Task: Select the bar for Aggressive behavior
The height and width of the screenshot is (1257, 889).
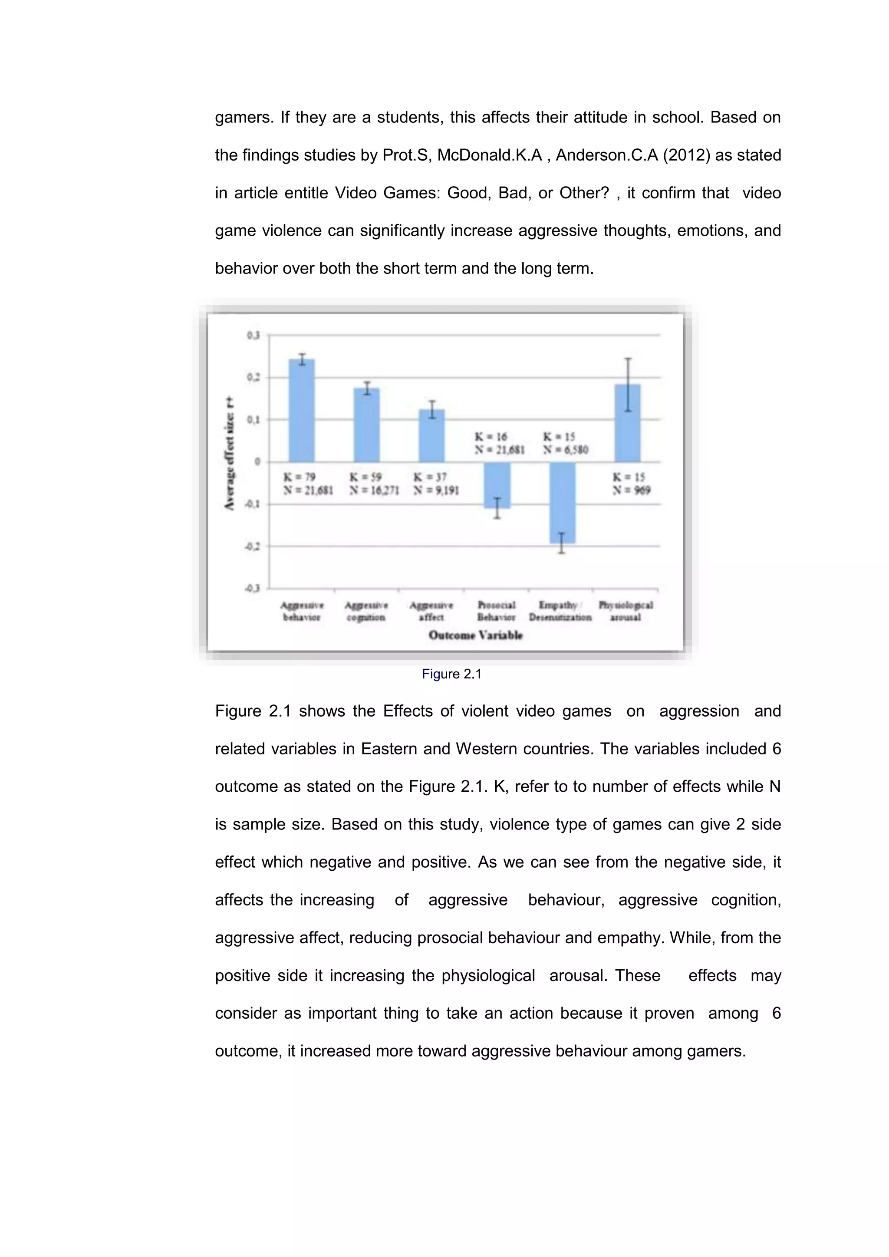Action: coord(302,411)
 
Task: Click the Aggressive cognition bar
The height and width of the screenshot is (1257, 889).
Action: coord(366,425)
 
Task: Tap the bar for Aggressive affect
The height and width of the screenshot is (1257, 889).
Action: coord(431,436)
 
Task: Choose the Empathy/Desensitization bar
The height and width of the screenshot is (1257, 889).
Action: coord(562,503)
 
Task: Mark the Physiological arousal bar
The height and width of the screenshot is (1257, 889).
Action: coord(627,423)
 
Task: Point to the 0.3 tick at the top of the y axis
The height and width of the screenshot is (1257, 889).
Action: coord(253,335)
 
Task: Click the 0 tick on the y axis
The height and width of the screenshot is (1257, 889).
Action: coord(257,462)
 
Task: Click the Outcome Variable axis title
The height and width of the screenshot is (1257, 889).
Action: coord(475,635)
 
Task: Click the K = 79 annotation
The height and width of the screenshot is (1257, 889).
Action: coord(299,477)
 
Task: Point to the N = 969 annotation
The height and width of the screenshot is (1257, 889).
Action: coord(631,490)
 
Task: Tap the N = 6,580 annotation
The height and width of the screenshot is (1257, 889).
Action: coord(566,450)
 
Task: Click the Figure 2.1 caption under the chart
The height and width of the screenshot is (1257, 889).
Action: coord(451,674)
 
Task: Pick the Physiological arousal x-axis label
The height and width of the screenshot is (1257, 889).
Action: coord(626,611)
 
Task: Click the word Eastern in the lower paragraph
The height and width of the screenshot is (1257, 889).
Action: coord(389,748)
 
